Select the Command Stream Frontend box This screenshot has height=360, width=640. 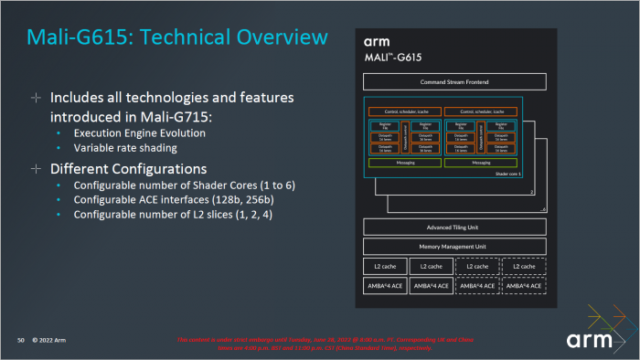coord(454,82)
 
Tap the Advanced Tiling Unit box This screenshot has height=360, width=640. coord(454,228)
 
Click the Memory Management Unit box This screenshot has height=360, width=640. coord(454,247)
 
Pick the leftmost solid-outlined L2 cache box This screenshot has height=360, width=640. coord(385,266)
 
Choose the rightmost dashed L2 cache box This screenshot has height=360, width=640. coord(524,266)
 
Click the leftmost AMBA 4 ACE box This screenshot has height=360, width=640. coord(385,286)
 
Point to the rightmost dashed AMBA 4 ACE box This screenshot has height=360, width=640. coord(524,286)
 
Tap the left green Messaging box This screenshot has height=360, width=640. coord(403,163)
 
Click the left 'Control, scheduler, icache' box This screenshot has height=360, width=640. coord(403,111)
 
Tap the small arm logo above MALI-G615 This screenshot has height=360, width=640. coord(377,43)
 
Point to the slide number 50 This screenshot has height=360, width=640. coord(19,341)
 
